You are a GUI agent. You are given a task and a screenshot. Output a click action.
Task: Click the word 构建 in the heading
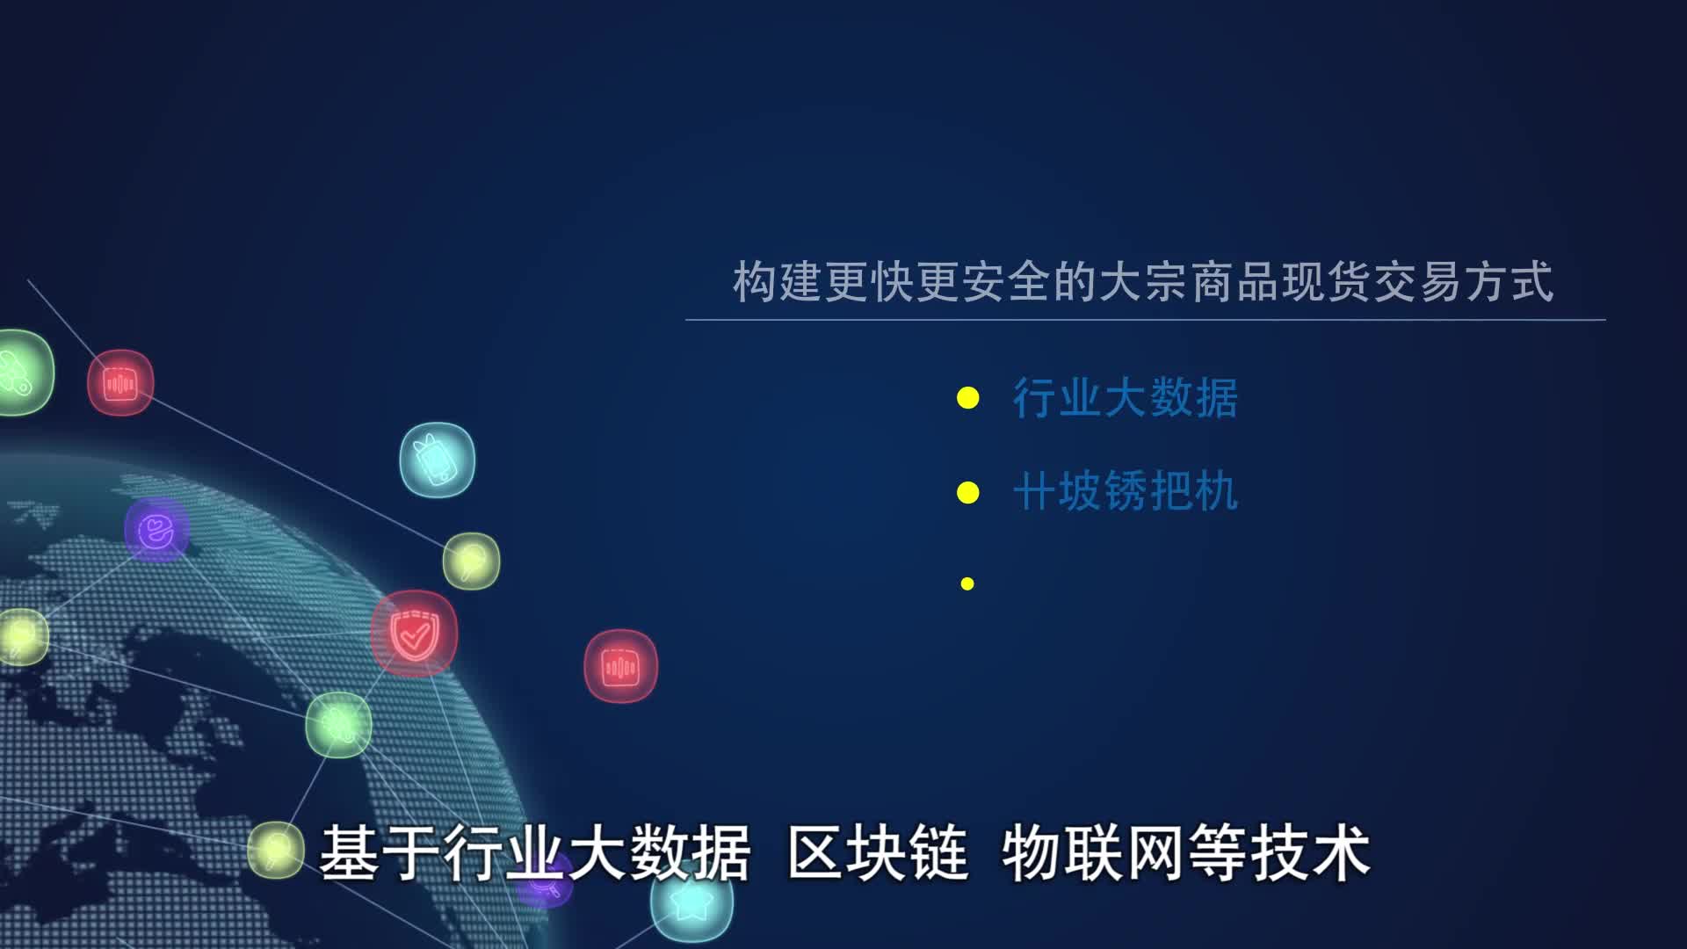point(778,283)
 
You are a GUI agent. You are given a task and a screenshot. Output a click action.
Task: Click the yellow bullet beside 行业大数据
point(967,399)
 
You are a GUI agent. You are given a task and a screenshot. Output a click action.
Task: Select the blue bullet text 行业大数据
point(1126,398)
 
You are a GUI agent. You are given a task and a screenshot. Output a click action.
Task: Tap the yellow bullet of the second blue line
point(967,493)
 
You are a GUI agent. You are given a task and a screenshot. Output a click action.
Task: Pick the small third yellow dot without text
point(967,583)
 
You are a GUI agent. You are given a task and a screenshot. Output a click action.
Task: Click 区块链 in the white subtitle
point(877,853)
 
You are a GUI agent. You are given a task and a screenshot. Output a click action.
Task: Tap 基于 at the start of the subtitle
point(380,853)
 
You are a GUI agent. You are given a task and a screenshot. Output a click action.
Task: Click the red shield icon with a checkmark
point(413,634)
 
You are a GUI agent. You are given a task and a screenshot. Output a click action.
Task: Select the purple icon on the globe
point(156,530)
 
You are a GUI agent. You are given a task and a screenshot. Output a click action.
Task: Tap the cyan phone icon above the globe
point(438,460)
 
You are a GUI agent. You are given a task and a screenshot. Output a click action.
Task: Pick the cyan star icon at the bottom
point(692,903)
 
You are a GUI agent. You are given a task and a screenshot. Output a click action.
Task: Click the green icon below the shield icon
point(338,724)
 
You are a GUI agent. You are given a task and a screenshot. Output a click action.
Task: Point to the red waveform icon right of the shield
point(620,667)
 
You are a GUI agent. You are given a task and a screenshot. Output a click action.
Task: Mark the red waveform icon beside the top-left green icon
point(120,383)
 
